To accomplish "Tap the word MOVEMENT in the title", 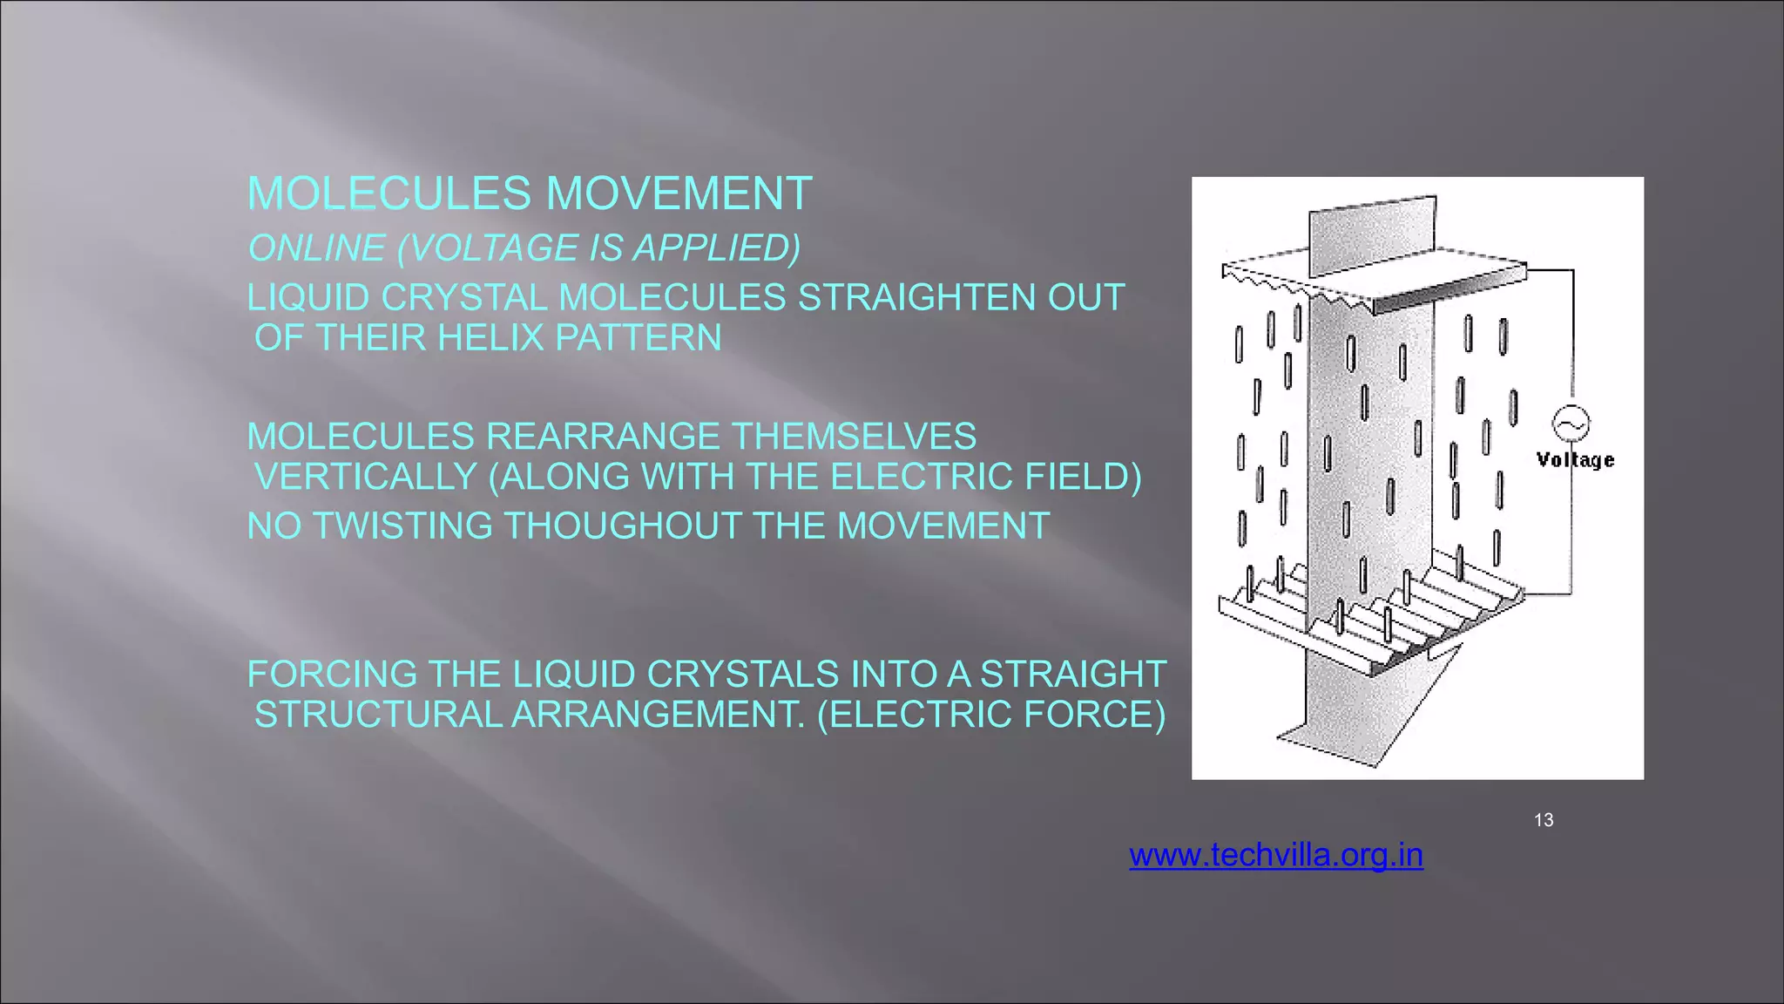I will coord(679,193).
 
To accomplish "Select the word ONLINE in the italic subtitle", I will coord(316,248).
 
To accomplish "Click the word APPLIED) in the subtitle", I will coord(716,248).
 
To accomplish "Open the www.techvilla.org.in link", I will coord(1276,855).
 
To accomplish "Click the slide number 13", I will coord(1544,820).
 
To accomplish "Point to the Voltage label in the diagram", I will coord(1575,460).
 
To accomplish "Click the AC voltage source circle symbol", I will coord(1571,424).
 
